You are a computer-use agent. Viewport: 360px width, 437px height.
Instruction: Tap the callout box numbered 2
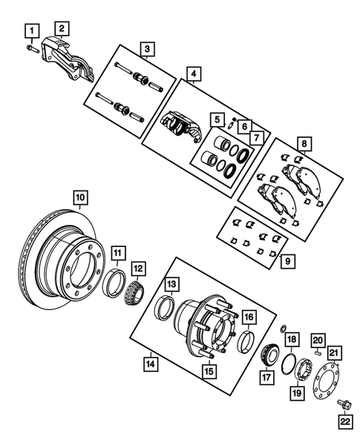63,28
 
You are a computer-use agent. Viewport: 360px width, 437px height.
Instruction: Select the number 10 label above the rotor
79,197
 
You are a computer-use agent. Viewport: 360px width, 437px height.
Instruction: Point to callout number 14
151,364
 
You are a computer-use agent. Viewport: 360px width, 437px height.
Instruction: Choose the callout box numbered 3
148,50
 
